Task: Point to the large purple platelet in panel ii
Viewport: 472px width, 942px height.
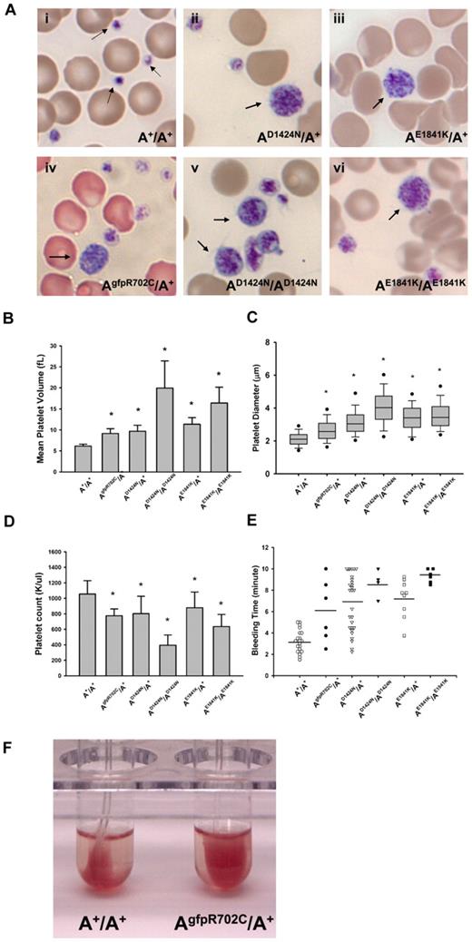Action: click(291, 99)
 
